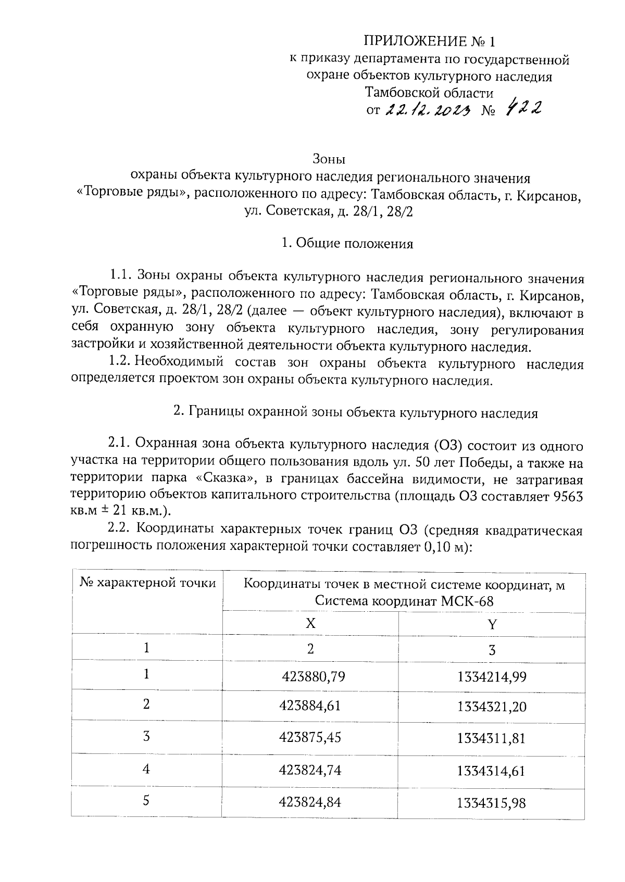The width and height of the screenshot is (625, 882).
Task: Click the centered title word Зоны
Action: pos(329,158)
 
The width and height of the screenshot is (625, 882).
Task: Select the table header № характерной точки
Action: pos(147,583)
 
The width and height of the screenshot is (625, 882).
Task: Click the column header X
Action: pos(310,623)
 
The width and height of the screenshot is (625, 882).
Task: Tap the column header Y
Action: pos(492,623)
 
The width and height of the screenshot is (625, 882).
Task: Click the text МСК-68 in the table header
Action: pos(467,601)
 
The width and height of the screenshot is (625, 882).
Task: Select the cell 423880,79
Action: pos(314,676)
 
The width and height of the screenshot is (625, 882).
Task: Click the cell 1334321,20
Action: pos(492,707)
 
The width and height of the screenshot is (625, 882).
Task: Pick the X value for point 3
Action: pos(310,737)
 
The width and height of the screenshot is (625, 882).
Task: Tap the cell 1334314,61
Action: pos(492,771)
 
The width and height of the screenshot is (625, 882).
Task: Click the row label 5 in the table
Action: pos(146,800)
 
